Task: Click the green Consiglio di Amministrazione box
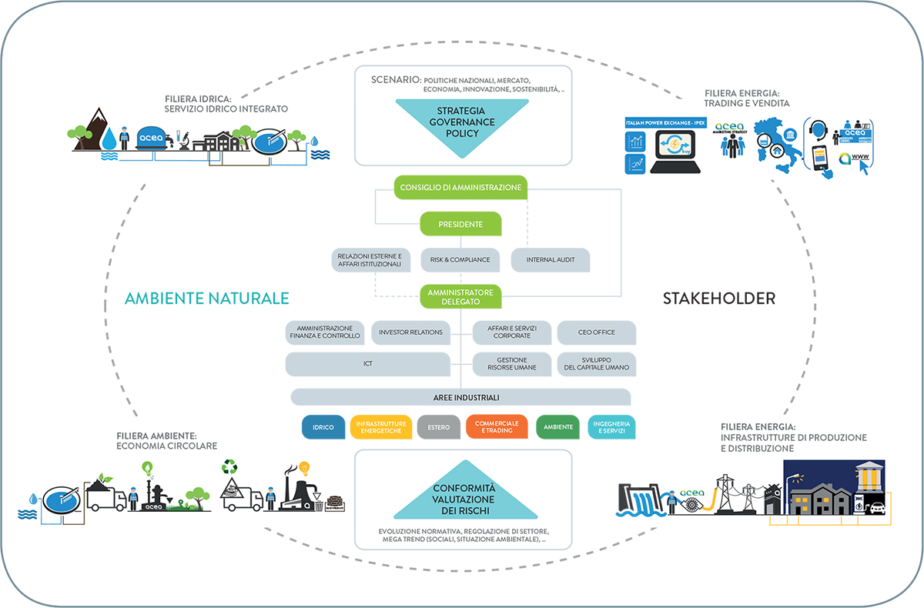point(460,186)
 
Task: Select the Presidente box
point(460,224)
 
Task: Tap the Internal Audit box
point(551,259)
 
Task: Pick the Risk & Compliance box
point(460,259)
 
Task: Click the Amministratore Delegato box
point(460,297)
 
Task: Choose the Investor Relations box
point(411,332)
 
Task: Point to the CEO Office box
point(597,332)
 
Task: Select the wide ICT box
point(367,364)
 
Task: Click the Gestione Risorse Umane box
point(512,364)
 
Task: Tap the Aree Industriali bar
point(460,397)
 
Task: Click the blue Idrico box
point(323,427)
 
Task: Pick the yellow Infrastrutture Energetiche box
point(380,427)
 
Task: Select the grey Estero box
point(439,427)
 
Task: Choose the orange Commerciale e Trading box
point(497,427)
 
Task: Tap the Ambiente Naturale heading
point(206,299)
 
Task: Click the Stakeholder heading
point(718,299)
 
